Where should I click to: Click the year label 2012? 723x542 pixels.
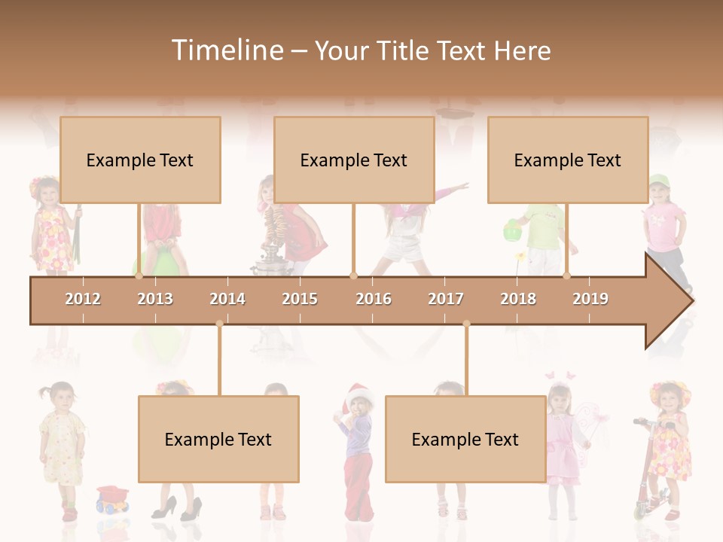pyautogui.click(x=83, y=299)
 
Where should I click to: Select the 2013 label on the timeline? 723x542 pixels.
pyautogui.click(x=155, y=299)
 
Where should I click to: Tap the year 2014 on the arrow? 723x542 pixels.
pyautogui.click(x=227, y=299)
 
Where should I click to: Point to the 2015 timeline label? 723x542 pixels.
pyautogui.click(x=300, y=299)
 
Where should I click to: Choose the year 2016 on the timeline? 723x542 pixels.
pyautogui.click(x=374, y=299)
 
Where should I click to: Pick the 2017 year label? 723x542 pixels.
pyautogui.click(x=446, y=299)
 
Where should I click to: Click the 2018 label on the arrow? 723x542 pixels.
pyautogui.click(x=518, y=299)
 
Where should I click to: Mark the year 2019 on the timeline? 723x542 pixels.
pyautogui.click(x=590, y=299)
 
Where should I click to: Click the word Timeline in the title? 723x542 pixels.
pyautogui.click(x=226, y=50)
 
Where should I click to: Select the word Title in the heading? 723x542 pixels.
pyautogui.click(x=404, y=50)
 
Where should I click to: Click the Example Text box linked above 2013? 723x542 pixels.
pyautogui.click(x=140, y=160)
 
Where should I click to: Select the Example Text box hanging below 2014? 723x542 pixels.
pyautogui.click(x=218, y=440)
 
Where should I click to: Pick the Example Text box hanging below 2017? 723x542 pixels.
pyautogui.click(x=465, y=440)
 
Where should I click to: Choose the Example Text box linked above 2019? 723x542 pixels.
pyautogui.click(x=568, y=160)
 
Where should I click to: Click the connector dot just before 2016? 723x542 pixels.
pyautogui.click(x=354, y=276)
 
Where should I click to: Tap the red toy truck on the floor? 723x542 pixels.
pyautogui.click(x=113, y=498)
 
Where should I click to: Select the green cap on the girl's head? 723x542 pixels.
pyautogui.click(x=657, y=181)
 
